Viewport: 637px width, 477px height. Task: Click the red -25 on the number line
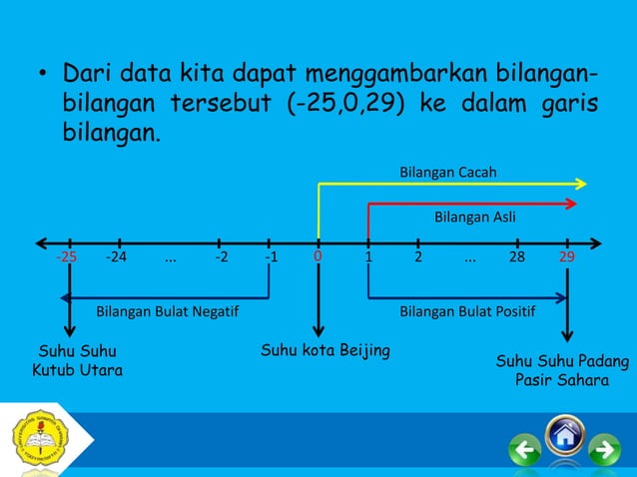pos(67,257)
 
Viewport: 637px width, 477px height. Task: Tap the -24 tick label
pos(117,257)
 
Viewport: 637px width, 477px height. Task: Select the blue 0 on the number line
pos(318,256)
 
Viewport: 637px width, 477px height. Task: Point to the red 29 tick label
pos(567,257)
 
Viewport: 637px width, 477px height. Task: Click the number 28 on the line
pos(516,257)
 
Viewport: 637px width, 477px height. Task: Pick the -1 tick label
pos(271,257)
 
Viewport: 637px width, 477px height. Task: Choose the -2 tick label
pos(221,257)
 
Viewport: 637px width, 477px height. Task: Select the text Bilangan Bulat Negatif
pos(167,311)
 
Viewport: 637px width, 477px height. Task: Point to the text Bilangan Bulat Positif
pos(467,311)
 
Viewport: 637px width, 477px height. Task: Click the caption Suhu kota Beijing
pos(325,350)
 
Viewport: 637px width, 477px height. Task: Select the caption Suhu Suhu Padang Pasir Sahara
pos(562,369)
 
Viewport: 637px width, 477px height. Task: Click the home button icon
pos(565,436)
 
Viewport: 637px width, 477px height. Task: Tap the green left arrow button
pos(525,452)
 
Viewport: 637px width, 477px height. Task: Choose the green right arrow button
pos(604,452)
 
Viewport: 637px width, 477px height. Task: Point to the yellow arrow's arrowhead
pos(583,183)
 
